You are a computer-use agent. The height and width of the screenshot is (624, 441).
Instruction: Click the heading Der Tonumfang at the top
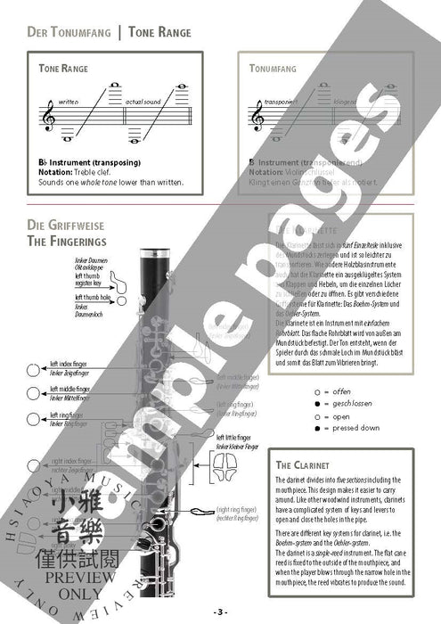click(x=68, y=32)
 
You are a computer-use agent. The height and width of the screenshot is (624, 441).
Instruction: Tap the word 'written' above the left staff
click(x=69, y=102)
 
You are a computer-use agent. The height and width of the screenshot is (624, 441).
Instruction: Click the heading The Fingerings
click(x=68, y=241)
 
